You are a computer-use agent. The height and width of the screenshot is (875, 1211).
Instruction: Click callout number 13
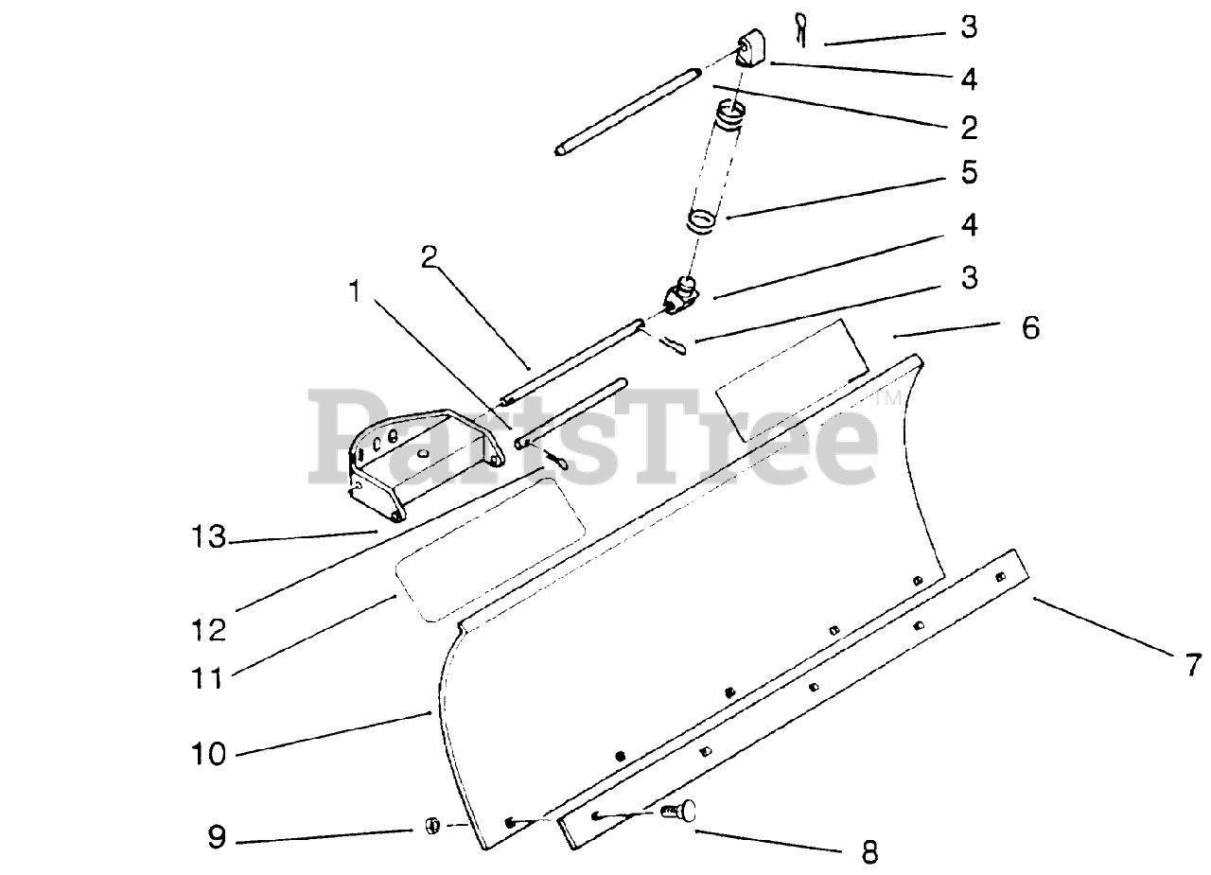pyautogui.click(x=204, y=538)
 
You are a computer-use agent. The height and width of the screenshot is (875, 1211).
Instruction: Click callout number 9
pyautogui.click(x=217, y=838)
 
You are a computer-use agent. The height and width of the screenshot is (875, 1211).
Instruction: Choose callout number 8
pyautogui.click(x=869, y=852)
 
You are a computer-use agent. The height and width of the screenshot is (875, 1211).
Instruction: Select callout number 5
pyautogui.click(x=968, y=172)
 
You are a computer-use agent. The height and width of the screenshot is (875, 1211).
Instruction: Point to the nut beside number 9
pyautogui.click(x=431, y=825)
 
